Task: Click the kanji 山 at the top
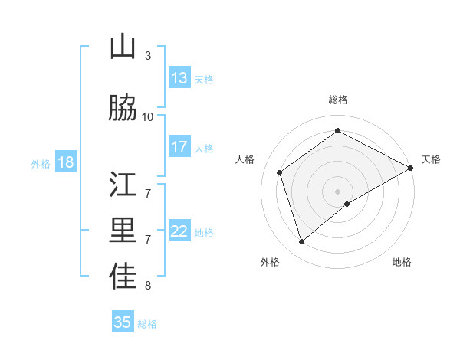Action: point(123,47)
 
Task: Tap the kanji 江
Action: point(123,186)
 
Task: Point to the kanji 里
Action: point(123,231)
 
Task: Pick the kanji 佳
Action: point(123,277)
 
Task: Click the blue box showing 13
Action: point(179,78)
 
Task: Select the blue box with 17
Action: point(179,147)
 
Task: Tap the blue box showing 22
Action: point(179,232)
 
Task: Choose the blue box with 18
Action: point(65,162)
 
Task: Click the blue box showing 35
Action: point(123,322)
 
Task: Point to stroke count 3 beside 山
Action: point(148,56)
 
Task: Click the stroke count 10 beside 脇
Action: point(148,117)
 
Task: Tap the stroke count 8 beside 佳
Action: point(148,286)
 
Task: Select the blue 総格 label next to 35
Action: point(147,324)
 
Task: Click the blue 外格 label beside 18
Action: point(41,163)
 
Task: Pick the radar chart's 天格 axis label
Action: point(431,159)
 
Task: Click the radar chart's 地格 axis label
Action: point(402,262)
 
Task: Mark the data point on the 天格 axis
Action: point(410,168)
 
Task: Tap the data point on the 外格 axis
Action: point(301,242)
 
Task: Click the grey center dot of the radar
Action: point(337,191)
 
